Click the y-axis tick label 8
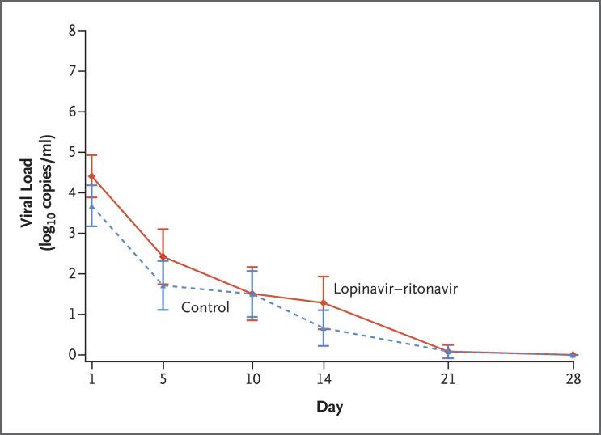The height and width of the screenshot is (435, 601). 72,31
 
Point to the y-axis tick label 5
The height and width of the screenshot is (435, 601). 72,152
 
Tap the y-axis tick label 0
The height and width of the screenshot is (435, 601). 72,354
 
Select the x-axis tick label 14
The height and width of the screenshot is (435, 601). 324,378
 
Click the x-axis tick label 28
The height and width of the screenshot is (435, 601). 573,378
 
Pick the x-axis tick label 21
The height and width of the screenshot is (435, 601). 447,378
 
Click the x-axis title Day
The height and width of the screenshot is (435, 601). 329,408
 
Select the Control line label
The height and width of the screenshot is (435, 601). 205,307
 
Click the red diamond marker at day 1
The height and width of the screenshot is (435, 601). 91,176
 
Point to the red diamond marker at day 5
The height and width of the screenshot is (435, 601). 163,256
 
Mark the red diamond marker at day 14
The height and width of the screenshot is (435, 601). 324,302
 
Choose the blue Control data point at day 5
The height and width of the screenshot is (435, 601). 163,285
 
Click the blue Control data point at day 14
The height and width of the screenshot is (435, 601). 324,328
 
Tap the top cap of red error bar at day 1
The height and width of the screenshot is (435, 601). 91,155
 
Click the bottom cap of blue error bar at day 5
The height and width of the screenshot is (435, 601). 163,310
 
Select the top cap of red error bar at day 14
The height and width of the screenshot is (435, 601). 324,277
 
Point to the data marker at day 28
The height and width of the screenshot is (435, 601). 573,354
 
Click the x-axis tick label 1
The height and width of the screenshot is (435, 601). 91,378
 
